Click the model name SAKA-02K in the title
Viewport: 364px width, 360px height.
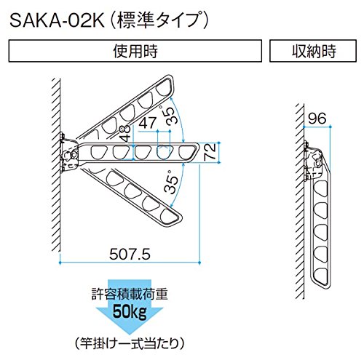[58, 21]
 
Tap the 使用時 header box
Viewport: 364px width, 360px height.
[135, 51]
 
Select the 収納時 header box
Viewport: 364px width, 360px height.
[313, 51]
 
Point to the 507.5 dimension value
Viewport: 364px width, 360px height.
[130, 255]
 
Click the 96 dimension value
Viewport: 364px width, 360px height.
[317, 119]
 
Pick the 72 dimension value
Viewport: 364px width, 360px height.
[210, 152]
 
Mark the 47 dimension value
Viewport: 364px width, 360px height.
[148, 123]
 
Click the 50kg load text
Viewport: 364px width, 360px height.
[130, 312]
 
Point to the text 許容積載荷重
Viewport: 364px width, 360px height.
[130, 294]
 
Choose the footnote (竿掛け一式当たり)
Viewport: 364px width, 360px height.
[130, 343]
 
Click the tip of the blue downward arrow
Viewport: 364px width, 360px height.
[130, 334]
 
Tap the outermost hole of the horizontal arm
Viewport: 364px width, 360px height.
[186, 153]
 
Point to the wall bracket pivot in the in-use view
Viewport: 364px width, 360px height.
[72, 155]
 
